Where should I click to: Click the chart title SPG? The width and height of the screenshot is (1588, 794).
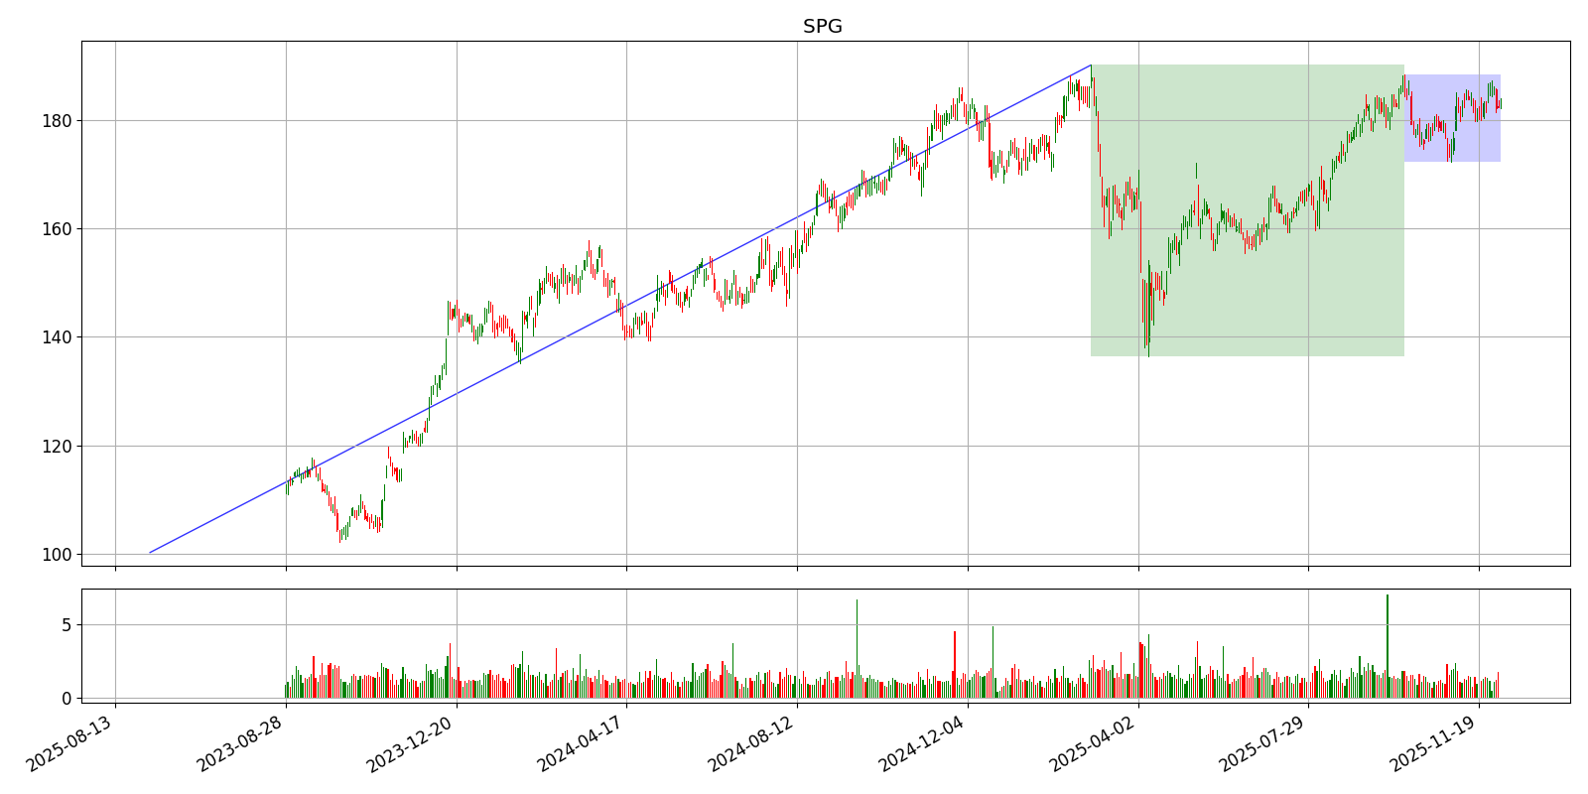click(x=822, y=27)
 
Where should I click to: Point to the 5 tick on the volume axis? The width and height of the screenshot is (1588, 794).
click(x=66, y=625)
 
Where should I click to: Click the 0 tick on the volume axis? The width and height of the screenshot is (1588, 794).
click(x=66, y=698)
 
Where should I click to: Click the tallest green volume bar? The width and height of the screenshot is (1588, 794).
click(x=1387, y=645)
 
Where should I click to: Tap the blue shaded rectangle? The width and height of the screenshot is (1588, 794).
click(x=1451, y=118)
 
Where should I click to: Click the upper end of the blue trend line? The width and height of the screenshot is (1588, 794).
click(x=1091, y=66)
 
